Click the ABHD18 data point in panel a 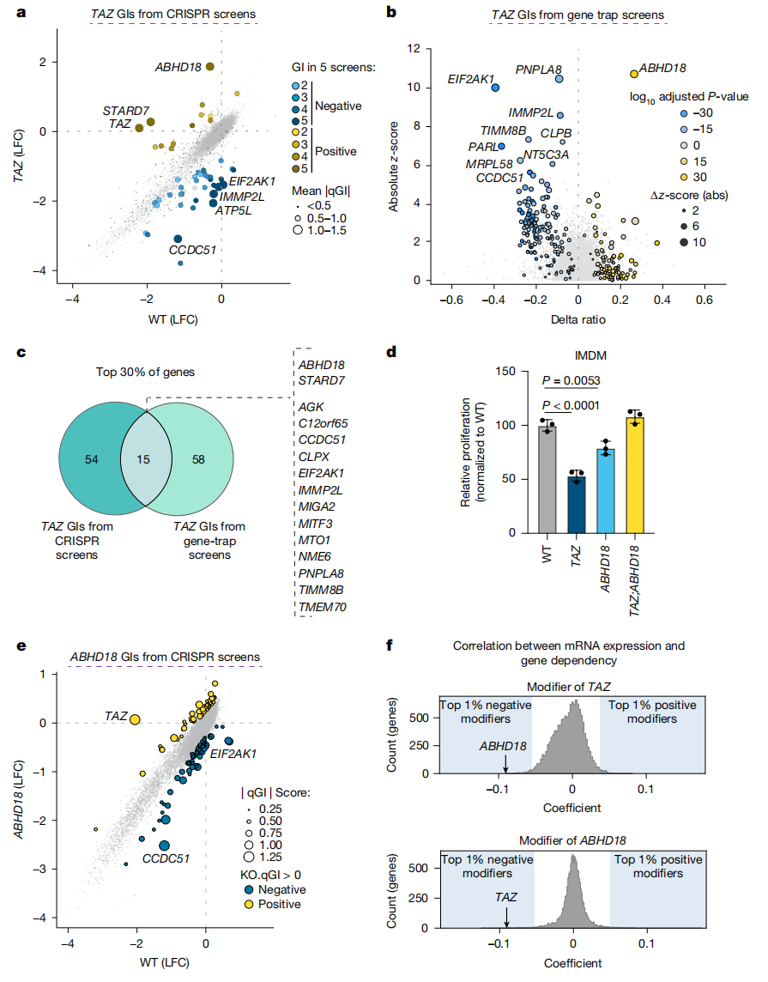[x=210, y=66]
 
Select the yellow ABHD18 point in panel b [x=634, y=74]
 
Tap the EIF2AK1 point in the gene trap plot [x=493, y=87]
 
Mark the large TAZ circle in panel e [x=135, y=719]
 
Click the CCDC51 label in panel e [x=166, y=857]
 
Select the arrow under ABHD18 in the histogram [x=506, y=764]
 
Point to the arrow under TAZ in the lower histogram [x=506, y=916]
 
